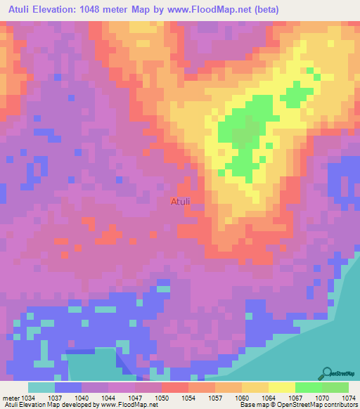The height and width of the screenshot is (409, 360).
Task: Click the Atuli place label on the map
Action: (180, 202)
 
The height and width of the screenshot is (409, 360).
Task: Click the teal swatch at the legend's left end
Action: (41, 387)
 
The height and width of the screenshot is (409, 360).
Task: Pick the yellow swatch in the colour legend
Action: (281, 387)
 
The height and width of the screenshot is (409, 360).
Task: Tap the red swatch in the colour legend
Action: (174, 387)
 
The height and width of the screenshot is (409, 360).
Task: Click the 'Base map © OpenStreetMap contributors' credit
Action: (297, 405)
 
